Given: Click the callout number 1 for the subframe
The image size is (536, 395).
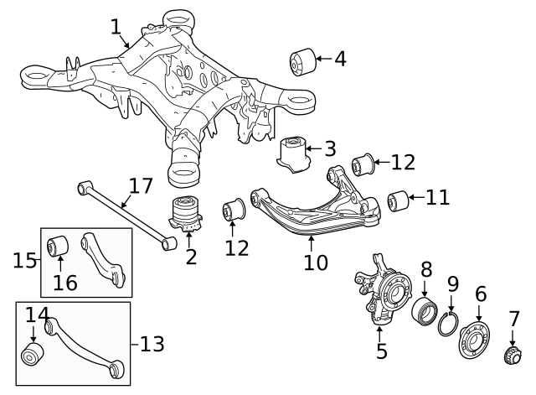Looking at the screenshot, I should pos(116,27).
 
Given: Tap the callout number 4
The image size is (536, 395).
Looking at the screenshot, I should pos(339,59).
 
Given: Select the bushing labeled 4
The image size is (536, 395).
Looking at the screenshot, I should pos(301,60).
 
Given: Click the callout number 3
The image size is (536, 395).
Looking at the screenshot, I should pos(330,150).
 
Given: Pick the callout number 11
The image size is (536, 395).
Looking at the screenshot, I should pos(437,198).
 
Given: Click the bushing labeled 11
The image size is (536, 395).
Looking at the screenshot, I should pos(398,201).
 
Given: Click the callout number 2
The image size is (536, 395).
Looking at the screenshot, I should pos(191,257).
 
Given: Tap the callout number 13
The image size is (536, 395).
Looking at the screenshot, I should pos(152,343).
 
